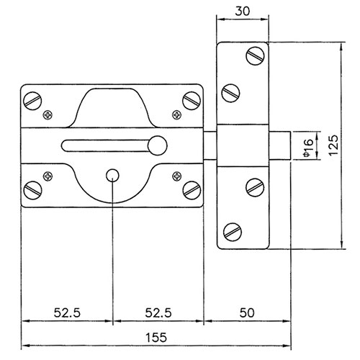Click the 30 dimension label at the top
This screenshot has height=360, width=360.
click(x=243, y=12)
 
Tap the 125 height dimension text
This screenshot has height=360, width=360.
click(x=333, y=145)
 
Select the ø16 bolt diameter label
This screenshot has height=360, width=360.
click(x=308, y=148)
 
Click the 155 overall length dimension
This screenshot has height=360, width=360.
click(x=156, y=338)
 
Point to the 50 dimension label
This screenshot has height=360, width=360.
click(x=247, y=312)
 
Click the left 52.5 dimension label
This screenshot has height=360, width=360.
click(x=67, y=312)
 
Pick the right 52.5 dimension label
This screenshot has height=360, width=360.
click(x=158, y=312)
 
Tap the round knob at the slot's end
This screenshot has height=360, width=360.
click(x=158, y=145)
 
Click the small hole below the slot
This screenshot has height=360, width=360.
click(x=112, y=176)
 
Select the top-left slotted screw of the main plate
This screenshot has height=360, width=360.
click(x=32, y=101)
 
